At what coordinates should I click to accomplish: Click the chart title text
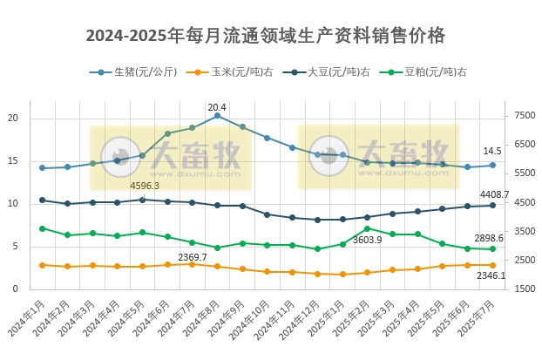tap(265, 36)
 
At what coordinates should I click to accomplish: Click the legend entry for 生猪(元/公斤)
tap(139, 72)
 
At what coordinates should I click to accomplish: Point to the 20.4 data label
tap(217, 107)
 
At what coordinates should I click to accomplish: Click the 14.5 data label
tap(492, 151)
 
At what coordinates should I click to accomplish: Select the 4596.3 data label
tap(145, 186)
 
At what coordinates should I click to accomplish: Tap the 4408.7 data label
tap(494, 194)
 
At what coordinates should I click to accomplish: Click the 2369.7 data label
tap(193, 256)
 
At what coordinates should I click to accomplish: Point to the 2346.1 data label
tap(491, 275)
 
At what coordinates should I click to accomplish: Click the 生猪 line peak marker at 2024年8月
tap(217, 116)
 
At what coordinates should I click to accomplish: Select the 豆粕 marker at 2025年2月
tap(367, 228)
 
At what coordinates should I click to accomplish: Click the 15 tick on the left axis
tap(12, 161)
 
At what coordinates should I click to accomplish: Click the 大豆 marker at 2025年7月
tap(492, 205)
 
